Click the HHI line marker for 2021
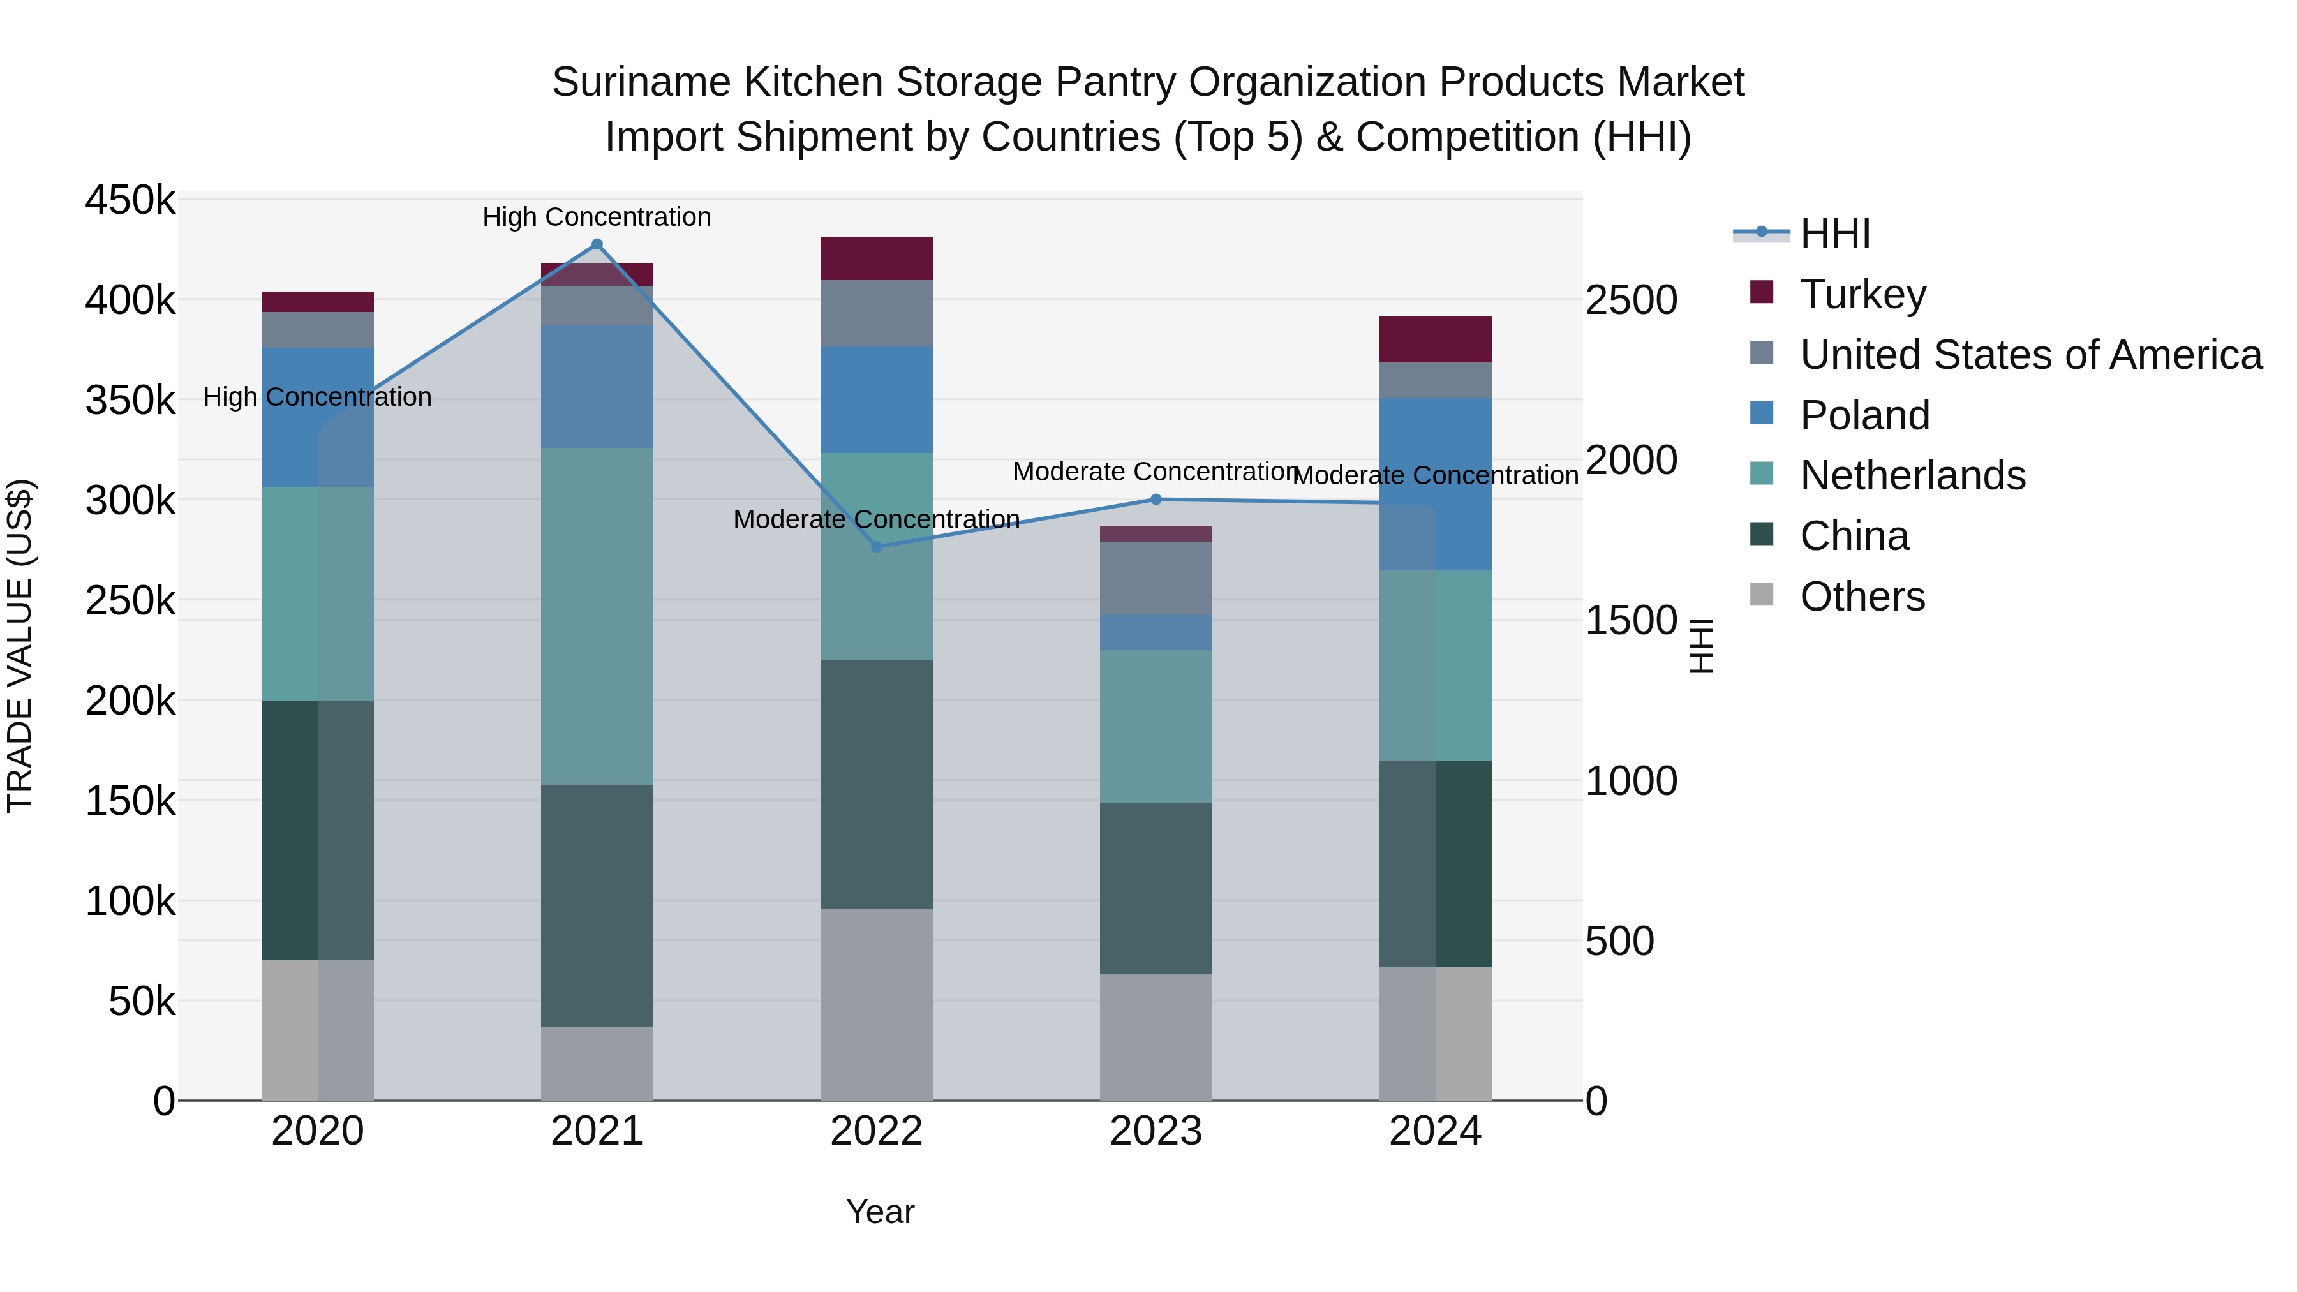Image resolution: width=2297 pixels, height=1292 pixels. (597, 244)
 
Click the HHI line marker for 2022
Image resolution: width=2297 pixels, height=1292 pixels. (877, 547)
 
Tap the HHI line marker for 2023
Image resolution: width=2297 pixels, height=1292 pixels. (1156, 500)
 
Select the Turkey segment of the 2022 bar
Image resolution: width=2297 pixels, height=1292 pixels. (877, 258)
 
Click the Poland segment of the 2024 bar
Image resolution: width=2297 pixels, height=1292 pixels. (1435, 484)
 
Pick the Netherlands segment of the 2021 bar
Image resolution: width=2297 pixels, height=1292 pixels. (597, 616)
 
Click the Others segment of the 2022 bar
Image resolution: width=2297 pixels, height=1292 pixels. (877, 1004)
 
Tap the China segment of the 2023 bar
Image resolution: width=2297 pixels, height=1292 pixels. (1156, 888)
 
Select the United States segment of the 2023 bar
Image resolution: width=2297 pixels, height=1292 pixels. (1156, 578)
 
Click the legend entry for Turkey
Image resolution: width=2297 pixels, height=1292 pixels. (1862, 294)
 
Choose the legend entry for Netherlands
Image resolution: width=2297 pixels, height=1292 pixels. (1912, 475)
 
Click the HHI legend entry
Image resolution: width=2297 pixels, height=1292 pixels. (1834, 234)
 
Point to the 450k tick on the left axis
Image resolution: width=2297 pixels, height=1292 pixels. (130, 200)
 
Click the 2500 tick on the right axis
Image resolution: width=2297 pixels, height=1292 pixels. (1631, 300)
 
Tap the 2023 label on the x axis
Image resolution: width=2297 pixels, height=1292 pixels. (1156, 1131)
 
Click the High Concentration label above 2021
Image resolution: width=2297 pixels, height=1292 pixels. (597, 217)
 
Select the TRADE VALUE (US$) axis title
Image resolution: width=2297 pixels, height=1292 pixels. (20, 646)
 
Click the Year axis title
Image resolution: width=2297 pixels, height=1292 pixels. (880, 1212)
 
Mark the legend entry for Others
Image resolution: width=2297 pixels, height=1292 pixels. (1862, 597)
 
